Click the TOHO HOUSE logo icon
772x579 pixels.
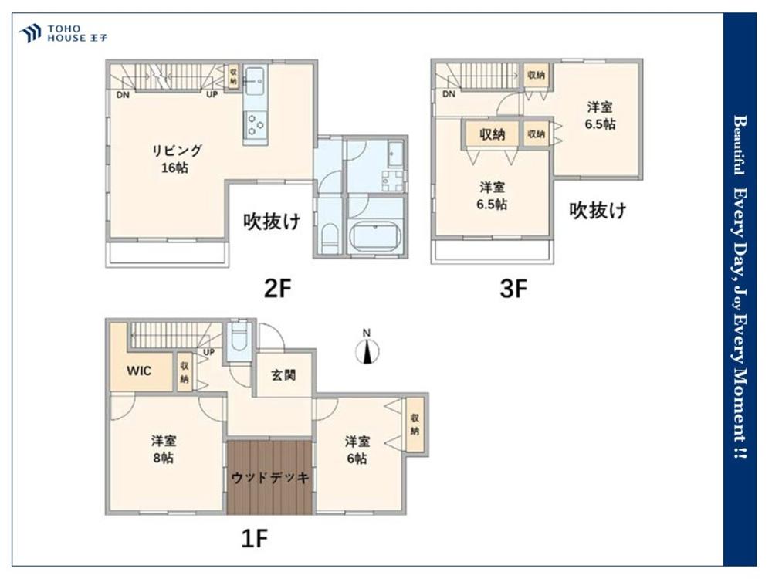(29, 33)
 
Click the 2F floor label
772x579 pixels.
(278, 288)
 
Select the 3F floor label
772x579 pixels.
(513, 289)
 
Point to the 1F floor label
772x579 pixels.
(254, 538)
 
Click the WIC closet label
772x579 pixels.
(139, 371)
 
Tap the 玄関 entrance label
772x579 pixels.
(283, 375)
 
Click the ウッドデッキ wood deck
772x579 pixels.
(269, 477)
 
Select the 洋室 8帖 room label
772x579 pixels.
(164, 449)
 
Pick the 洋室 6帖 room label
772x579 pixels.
(357, 449)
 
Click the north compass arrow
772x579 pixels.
(367, 351)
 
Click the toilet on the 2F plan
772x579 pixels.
(330, 239)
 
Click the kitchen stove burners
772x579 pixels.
(256, 124)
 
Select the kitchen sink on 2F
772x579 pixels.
(255, 78)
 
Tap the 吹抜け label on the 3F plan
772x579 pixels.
(598, 210)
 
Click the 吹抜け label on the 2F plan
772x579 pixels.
(272, 222)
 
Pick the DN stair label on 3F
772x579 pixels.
(449, 94)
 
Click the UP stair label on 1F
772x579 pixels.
(208, 352)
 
